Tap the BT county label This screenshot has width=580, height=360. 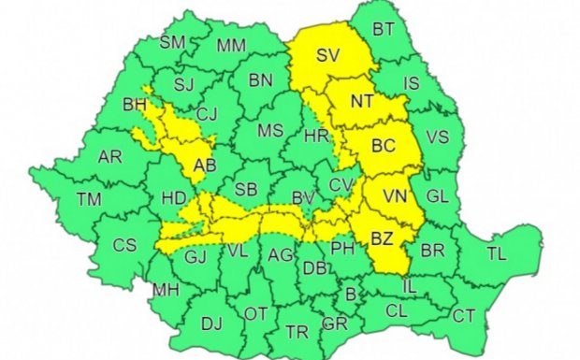(x=384, y=30)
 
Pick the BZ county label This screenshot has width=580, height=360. (x=382, y=238)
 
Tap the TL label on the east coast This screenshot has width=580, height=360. (x=497, y=252)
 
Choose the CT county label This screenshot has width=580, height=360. (x=463, y=316)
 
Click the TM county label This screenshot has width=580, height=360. (x=89, y=198)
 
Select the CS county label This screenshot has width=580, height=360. (x=124, y=245)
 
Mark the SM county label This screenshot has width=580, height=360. (x=173, y=42)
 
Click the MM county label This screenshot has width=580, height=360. (x=231, y=46)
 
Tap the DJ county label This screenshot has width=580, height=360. (x=212, y=324)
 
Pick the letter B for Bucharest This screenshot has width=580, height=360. (x=350, y=295)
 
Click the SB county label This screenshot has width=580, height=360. (x=245, y=190)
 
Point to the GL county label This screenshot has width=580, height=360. (x=437, y=197)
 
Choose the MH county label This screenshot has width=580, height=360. (x=166, y=290)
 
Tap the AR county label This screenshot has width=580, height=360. (x=109, y=157)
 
